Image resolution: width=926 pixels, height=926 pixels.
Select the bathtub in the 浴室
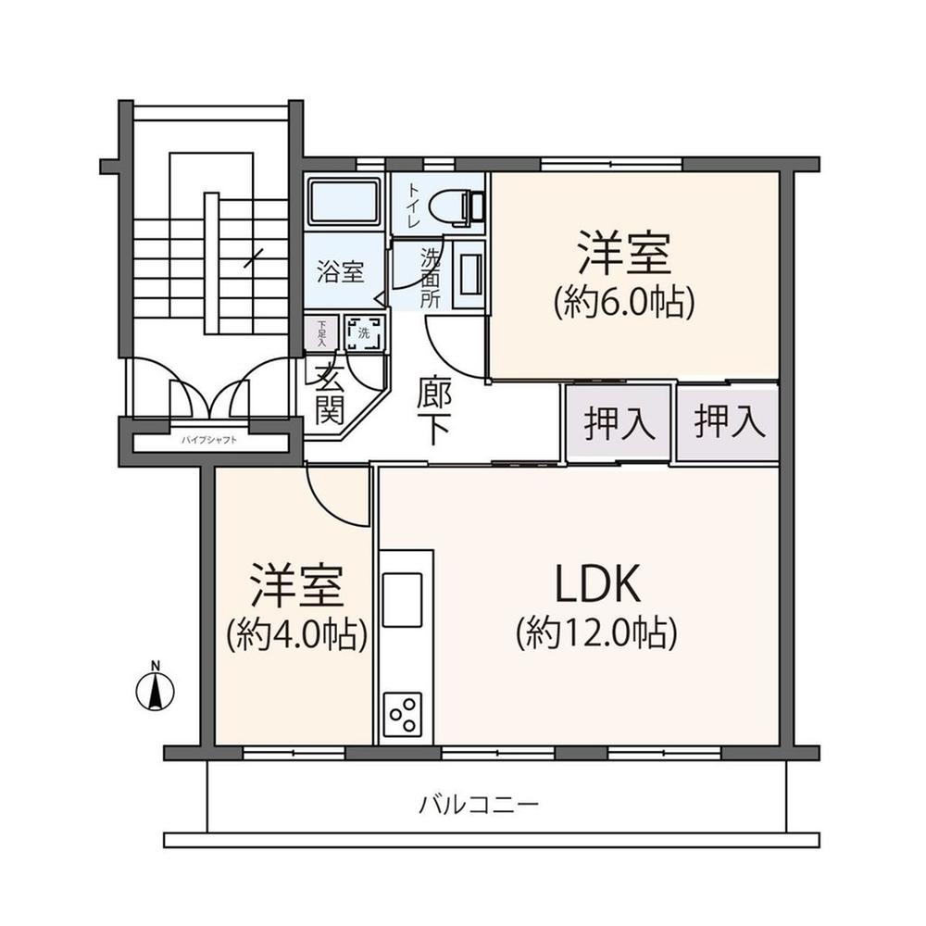[x=344, y=203]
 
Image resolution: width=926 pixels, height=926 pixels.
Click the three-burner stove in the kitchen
[x=403, y=714]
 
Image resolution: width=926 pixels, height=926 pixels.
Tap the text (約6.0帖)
[x=623, y=302]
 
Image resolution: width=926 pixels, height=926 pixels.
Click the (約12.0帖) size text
[x=597, y=632]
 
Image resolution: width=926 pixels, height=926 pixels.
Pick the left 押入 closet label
[x=619, y=423]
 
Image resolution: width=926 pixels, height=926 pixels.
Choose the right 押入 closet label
[x=731, y=423]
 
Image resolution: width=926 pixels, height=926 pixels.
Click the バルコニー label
[x=478, y=803]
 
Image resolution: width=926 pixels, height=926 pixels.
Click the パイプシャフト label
[x=209, y=440]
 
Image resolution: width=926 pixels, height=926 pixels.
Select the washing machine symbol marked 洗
[x=364, y=333]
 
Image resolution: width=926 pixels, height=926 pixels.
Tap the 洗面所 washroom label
[x=431, y=276]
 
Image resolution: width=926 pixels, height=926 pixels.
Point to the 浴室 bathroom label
[x=340, y=273]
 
